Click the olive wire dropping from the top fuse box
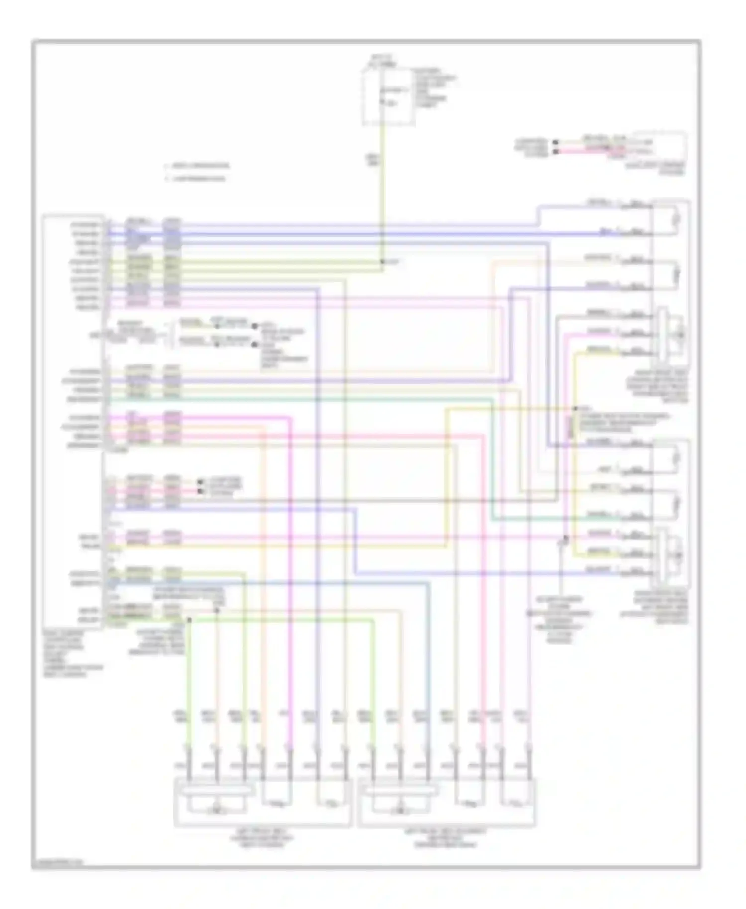tap(382, 189)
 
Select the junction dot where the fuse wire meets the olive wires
tap(382, 262)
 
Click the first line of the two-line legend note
tap(198, 166)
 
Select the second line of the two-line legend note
tap(197, 178)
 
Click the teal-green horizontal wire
tap(298, 399)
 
